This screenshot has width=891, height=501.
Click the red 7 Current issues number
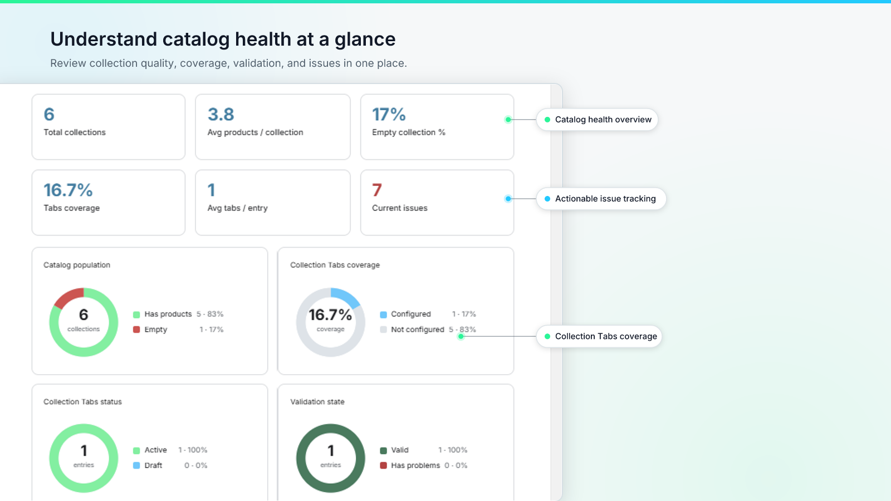click(376, 190)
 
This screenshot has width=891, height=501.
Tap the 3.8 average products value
click(221, 115)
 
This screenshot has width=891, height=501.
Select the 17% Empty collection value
click(389, 115)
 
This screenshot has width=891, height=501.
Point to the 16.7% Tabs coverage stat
click(68, 190)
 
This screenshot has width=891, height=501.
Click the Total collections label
click(75, 132)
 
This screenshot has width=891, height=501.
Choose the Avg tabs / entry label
click(237, 208)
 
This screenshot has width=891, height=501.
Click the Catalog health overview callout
click(597, 119)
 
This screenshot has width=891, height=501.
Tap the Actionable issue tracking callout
click(601, 198)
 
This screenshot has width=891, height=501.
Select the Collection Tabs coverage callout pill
click(599, 336)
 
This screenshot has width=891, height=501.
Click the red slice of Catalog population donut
click(68, 297)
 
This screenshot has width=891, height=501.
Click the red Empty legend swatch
click(136, 330)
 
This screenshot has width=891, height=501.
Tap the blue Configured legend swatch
click(384, 315)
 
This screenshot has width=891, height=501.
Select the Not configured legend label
click(417, 330)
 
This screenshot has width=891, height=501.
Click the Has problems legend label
click(415, 465)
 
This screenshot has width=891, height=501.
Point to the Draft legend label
click(153, 465)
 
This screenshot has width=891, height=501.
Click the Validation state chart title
click(317, 401)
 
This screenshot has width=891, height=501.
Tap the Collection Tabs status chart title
click(83, 401)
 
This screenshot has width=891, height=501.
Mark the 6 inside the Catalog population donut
click(84, 315)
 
